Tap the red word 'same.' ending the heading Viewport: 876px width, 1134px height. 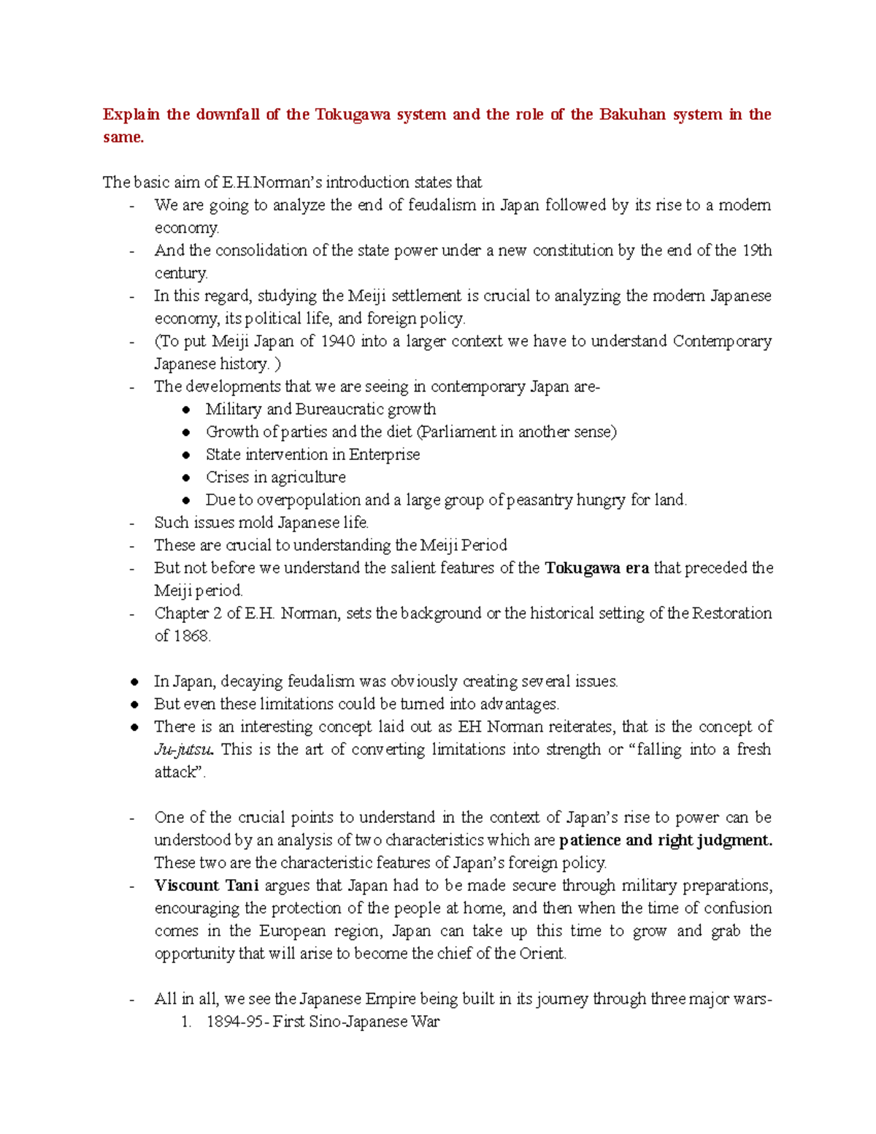click(x=123, y=137)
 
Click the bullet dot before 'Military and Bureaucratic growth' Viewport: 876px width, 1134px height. click(x=187, y=410)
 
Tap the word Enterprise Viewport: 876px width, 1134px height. click(x=384, y=455)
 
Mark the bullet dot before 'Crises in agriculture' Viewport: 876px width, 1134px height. click(x=187, y=478)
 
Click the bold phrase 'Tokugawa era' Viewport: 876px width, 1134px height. click(x=596, y=568)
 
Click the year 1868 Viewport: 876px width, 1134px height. click(x=191, y=636)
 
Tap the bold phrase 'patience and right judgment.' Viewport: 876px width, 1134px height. click(x=665, y=840)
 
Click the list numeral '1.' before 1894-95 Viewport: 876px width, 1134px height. click(x=186, y=1022)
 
